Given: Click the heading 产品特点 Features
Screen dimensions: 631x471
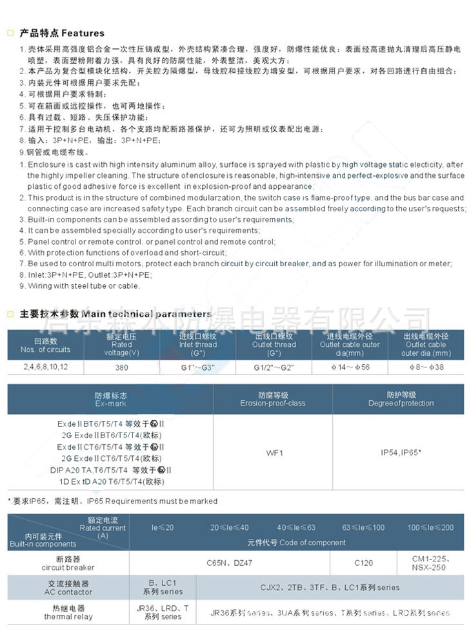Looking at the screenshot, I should click(61, 33).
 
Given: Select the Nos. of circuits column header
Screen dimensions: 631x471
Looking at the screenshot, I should click(45, 345).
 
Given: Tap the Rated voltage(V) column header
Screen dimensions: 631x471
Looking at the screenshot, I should click(122, 345).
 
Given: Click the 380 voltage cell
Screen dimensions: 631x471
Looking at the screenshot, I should click(122, 368).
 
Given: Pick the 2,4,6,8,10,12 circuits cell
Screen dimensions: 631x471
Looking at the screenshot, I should click(45, 368).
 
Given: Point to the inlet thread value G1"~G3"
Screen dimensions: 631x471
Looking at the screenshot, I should click(198, 368).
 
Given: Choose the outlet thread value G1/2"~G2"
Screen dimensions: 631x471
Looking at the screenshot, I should click(274, 368).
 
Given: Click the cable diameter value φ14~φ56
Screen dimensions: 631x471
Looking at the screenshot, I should click(350, 368).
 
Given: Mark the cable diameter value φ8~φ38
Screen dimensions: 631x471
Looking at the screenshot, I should click(426, 368).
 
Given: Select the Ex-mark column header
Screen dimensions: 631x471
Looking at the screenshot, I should click(110, 399).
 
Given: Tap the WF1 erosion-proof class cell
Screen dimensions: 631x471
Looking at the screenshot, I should click(273, 452).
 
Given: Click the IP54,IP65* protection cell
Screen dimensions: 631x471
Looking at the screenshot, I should click(401, 452).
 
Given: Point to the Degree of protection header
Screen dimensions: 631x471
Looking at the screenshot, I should click(401, 399).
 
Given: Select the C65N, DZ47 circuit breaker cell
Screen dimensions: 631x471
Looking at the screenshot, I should click(229, 563).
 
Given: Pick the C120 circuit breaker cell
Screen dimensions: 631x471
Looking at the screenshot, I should click(363, 563).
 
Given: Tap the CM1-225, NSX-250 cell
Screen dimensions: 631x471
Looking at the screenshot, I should click(429, 563).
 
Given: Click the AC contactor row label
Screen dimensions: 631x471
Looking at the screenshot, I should click(68, 587).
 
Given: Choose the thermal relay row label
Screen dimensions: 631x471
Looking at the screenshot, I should click(68, 612).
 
